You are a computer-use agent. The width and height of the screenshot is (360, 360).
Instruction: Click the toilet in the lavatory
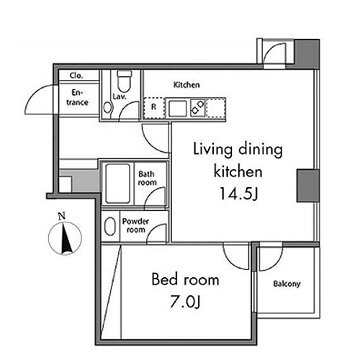(124, 81)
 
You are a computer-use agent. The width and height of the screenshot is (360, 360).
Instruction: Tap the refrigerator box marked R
(154, 107)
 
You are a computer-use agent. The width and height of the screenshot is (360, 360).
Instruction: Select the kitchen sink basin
(178, 109)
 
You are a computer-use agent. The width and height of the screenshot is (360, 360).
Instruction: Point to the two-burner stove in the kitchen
(198, 108)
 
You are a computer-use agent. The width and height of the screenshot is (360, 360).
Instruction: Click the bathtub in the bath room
(117, 184)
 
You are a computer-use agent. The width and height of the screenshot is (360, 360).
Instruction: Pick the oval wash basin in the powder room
(110, 226)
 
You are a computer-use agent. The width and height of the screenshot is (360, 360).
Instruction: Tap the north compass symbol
(65, 238)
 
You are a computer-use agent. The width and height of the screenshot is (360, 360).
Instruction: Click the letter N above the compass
(62, 216)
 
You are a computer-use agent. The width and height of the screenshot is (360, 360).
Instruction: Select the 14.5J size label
(238, 194)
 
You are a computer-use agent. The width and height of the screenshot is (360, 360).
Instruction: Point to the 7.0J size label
(185, 302)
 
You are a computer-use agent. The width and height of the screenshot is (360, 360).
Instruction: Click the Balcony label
(287, 284)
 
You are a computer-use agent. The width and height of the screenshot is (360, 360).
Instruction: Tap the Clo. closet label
(76, 76)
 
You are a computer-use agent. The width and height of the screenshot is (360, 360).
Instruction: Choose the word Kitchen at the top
(186, 85)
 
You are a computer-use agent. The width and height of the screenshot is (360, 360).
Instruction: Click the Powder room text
(135, 225)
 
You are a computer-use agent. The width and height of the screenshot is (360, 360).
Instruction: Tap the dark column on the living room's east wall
(308, 186)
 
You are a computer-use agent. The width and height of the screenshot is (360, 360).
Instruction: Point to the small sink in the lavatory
(108, 108)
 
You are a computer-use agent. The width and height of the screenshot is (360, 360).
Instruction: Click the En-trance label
(77, 97)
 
